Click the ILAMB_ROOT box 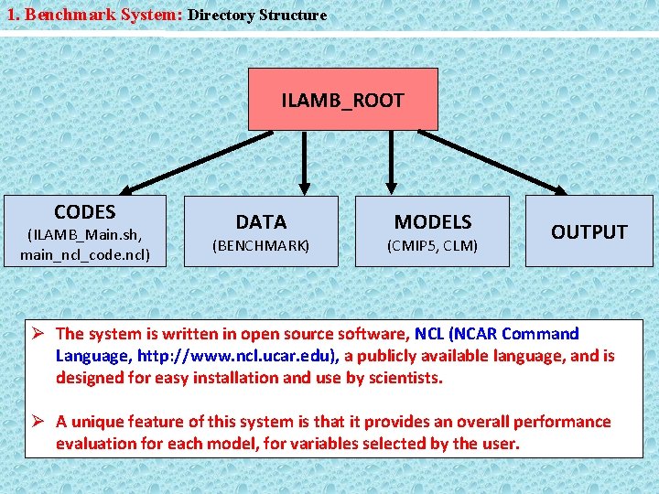(x=342, y=100)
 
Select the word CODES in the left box (x=84, y=212)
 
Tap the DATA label (x=261, y=221)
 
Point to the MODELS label (x=432, y=221)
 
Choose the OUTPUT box (x=589, y=231)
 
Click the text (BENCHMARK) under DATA (x=261, y=245)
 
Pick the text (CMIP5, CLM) (x=432, y=245)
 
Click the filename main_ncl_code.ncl (x=84, y=253)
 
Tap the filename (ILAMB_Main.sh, (x=84, y=234)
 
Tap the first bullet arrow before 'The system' (x=41, y=334)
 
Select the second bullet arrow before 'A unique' (x=41, y=422)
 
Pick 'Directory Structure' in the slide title (x=257, y=15)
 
